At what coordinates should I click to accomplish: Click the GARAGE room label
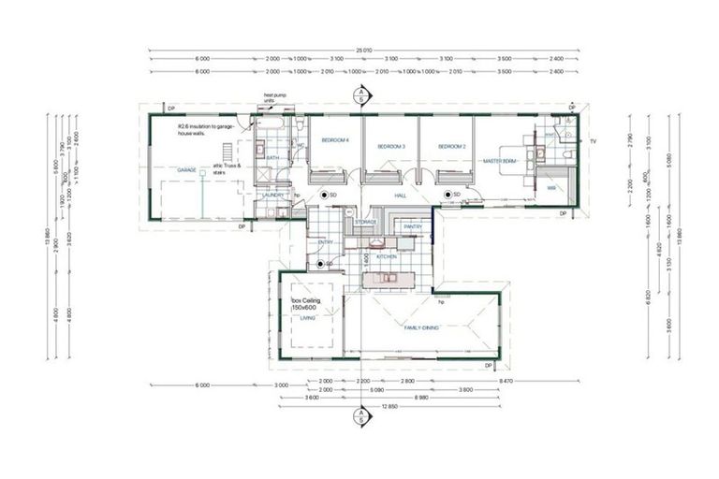click(186, 170)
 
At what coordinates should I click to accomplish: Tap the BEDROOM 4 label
click(335, 140)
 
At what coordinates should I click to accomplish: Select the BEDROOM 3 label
click(389, 147)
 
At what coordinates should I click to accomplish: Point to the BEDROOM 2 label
click(451, 147)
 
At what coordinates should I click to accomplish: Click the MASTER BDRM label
click(499, 161)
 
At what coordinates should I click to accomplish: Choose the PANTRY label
click(413, 226)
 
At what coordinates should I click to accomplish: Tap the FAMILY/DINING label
click(422, 327)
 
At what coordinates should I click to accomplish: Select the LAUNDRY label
click(274, 195)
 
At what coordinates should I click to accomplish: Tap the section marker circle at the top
click(358, 94)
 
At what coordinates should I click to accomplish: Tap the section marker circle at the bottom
click(358, 414)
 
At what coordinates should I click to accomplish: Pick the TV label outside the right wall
click(592, 140)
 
